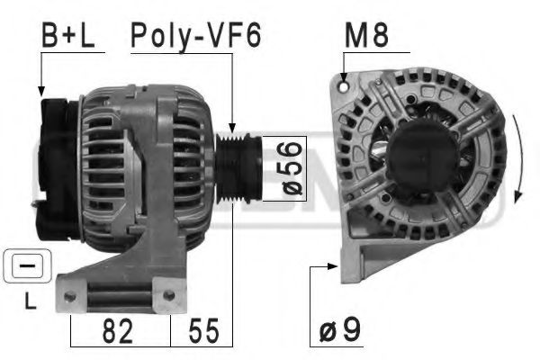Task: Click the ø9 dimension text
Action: pyautogui.click(x=340, y=330)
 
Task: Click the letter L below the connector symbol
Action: pyautogui.click(x=29, y=304)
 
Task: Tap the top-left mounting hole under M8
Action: pyautogui.click(x=345, y=88)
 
